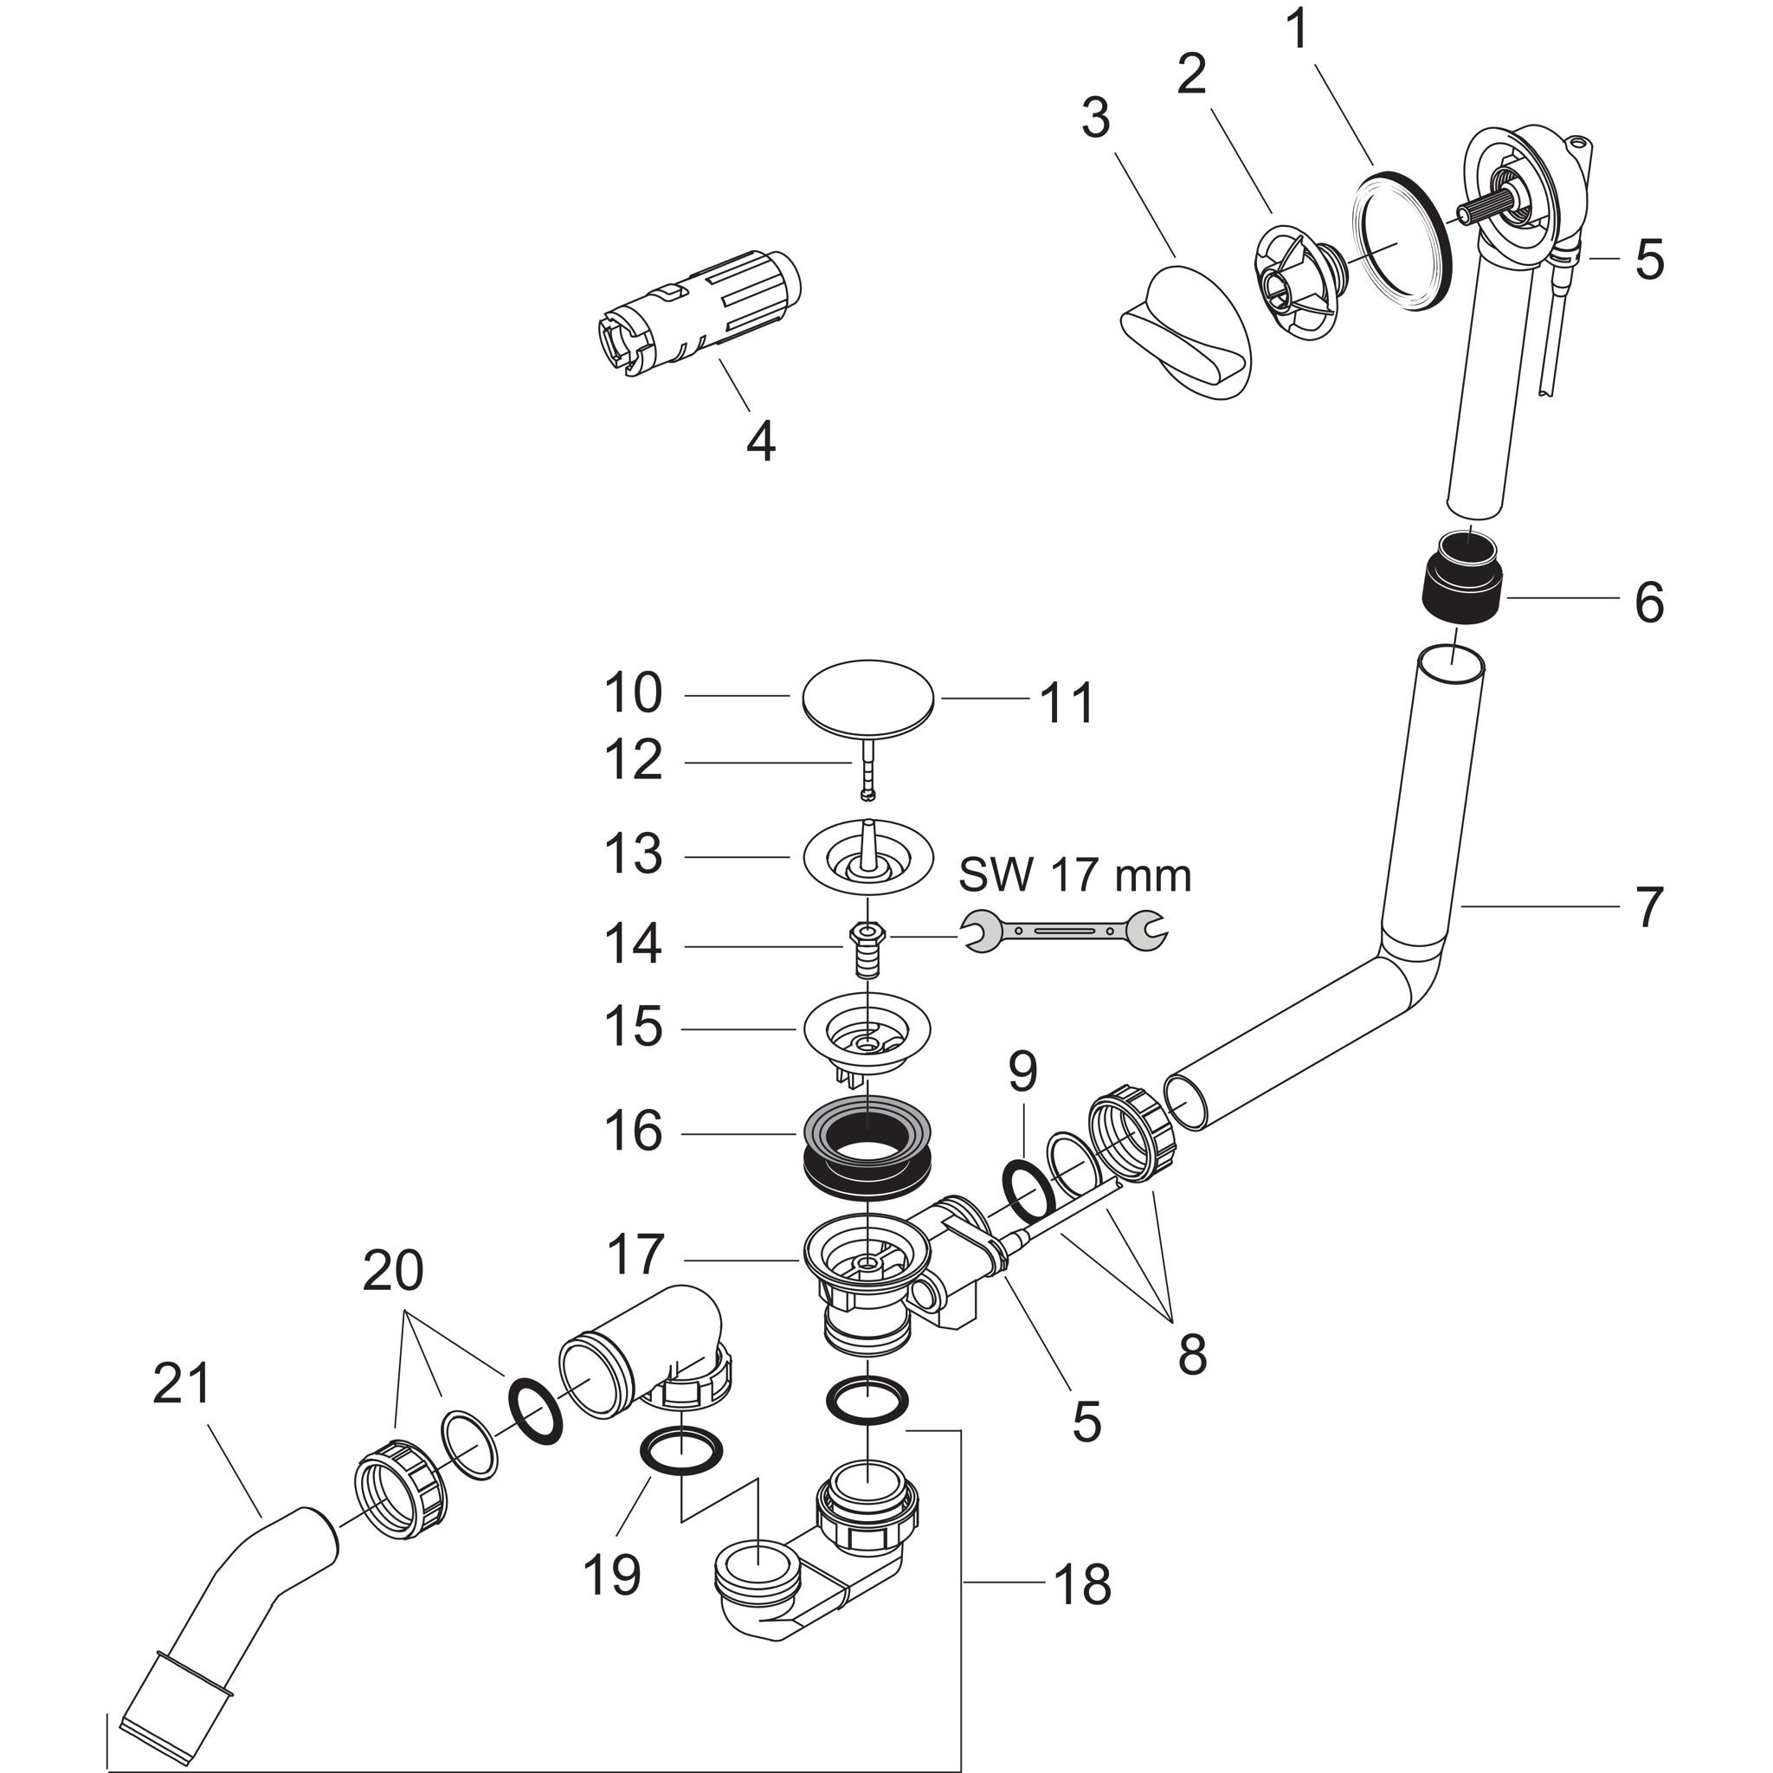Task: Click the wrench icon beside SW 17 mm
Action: (x=1064, y=931)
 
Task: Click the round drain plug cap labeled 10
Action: (x=868, y=700)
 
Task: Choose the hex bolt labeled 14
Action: (x=867, y=948)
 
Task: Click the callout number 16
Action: (x=633, y=1131)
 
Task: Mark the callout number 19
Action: (x=612, y=1575)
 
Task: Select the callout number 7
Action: (x=1649, y=906)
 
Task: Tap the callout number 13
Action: (x=633, y=854)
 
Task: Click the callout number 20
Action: (x=393, y=1272)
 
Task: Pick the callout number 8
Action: (x=1191, y=1353)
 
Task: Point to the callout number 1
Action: (x=1297, y=30)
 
